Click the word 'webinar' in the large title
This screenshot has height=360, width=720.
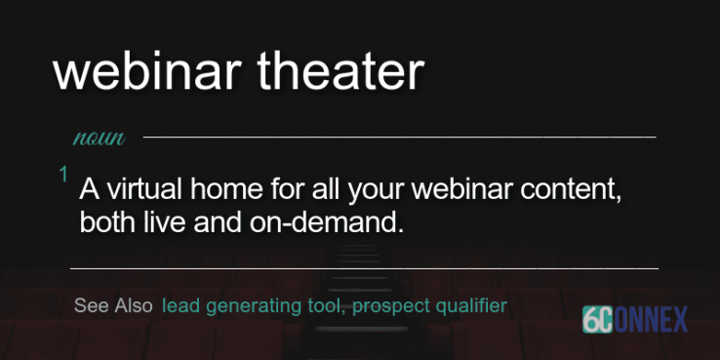pyautogui.click(x=140, y=73)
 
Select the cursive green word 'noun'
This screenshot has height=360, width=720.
pyautogui.click(x=99, y=138)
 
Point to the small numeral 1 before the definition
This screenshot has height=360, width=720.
pyautogui.click(x=63, y=175)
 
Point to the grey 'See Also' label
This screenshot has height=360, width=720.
pyautogui.click(x=113, y=305)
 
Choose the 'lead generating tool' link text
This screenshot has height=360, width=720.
pyautogui.click(x=252, y=306)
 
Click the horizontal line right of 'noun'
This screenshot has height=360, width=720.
pyautogui.click(x=400, y=138)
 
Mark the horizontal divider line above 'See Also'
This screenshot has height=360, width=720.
pyautogui.click(x=364, y=266)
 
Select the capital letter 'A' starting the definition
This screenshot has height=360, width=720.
pyautogui.click(x=90, y=187)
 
